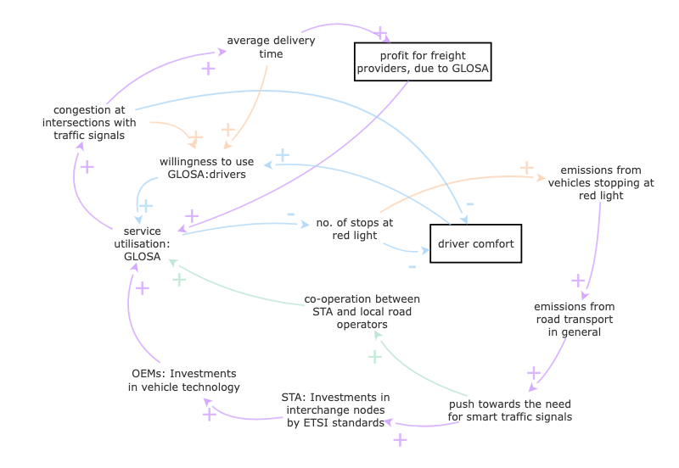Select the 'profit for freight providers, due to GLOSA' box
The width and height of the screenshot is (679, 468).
coord(423,62)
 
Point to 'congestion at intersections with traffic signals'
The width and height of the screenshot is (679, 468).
coord(89,122)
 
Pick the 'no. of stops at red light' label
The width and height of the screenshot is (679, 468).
coord(354,229)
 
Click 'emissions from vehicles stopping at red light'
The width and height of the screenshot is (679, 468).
coord(600,182)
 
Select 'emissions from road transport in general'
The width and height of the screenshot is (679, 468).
coord(574,319)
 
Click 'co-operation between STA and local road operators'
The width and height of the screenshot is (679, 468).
coord(362,311)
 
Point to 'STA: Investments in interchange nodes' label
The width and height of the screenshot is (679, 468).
coord(335,409)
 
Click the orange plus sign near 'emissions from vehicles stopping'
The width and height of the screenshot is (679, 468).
coord(526,168)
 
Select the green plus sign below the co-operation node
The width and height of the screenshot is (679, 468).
coord(374,357)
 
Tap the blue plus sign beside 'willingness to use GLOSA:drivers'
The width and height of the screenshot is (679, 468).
coord(283,155)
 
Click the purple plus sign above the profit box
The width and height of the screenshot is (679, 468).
coord(381,32)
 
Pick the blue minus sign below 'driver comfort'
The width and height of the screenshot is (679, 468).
coord(412,267)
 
